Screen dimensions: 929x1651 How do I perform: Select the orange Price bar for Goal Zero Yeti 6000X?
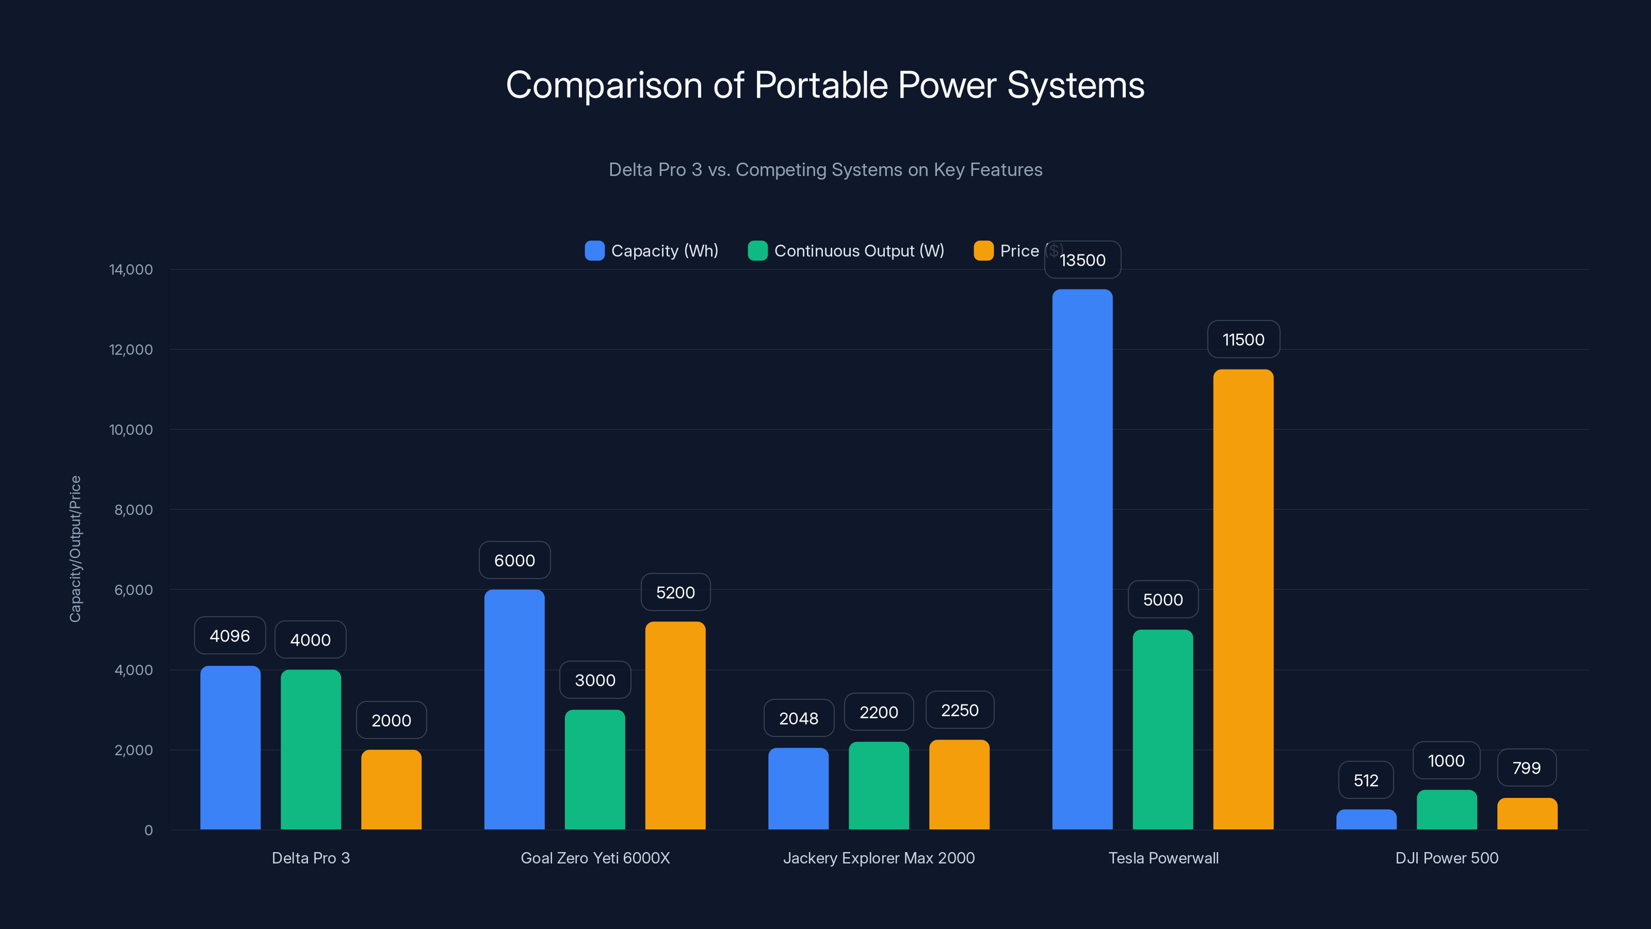tap(675, 725)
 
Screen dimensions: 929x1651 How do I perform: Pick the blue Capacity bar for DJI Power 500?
tap(1366, 820)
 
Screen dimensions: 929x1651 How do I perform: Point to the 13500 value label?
tap(1082, 260)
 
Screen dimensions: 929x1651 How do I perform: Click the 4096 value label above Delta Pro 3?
tap(230, 636)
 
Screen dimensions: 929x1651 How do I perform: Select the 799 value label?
tap(1526, 768)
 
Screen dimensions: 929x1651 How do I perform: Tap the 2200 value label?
tap(878, 712)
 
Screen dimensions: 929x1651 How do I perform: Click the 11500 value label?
tap(1243, 340)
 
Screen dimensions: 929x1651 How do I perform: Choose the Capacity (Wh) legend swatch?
tap(594, 251)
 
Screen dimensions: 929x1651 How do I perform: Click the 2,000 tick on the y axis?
tap(133, 750)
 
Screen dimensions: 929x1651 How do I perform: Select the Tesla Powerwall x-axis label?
tap(1163, 858)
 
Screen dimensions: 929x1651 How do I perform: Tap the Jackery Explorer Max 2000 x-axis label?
tap(878, 858)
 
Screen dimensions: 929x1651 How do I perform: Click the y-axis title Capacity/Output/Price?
tap(75, 549)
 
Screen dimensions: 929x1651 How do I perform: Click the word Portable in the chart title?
tap(820, 85)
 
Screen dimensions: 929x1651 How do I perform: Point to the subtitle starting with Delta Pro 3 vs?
tap(825, 170)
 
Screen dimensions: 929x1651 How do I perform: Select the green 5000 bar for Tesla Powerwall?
tap(1162, 729)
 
